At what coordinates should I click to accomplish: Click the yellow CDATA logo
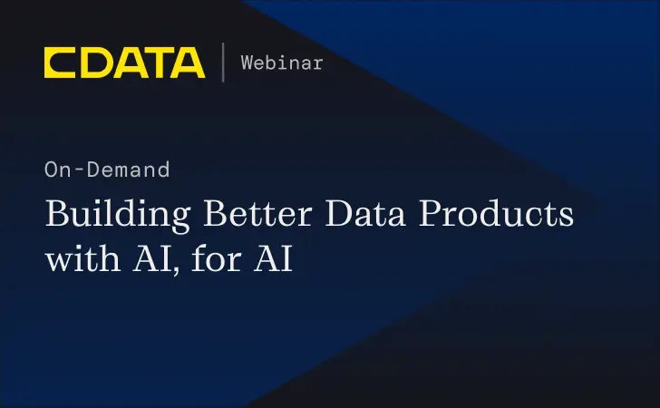pyautogui.click(x=124, y=62)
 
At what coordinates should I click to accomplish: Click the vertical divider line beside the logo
pyautogui.click(x=223, y=62)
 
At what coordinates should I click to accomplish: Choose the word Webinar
pyautogui.click(x=281, y=63)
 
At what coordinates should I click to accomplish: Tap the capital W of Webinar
pyautogui.click(x=247, y=63)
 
